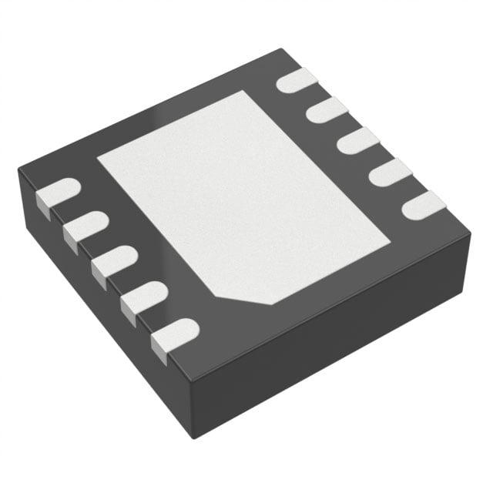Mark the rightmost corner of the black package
pos(470,231)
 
